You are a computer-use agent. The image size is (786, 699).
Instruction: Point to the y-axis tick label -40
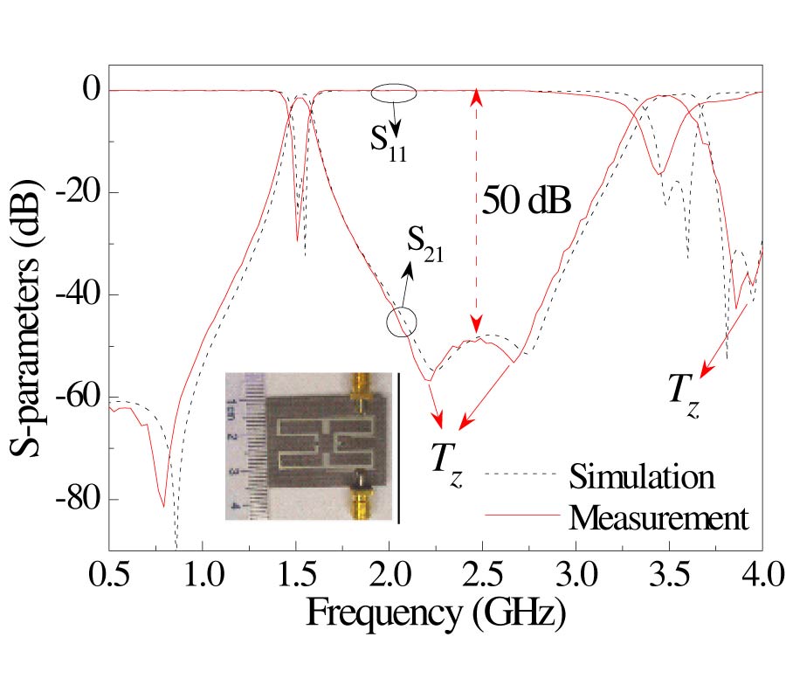point(81,294)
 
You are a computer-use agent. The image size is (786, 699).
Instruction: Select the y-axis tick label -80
point(81,500)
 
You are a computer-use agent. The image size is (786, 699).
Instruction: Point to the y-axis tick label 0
point(92,90)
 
